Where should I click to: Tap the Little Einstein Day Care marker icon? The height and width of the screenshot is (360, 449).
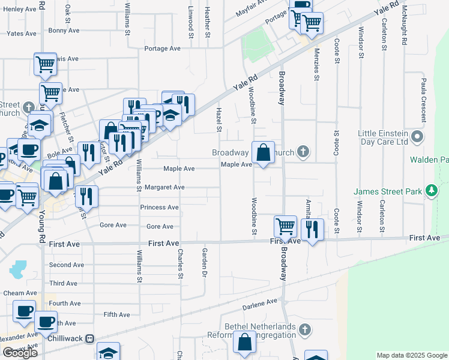pyautogui.click(x=418, y=137)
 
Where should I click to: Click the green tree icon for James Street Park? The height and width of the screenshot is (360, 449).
pyautogui.click(x=430, y=191)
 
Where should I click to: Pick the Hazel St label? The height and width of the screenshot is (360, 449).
pyautogui.click(x=219, y=121)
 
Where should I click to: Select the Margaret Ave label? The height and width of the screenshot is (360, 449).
pyautogui.click(x=164, y=188)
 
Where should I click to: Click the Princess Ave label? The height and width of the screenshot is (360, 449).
pyautogui.click(x=159, y=208)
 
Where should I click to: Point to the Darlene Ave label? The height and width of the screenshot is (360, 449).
pyautogui.click(x=261, y=305)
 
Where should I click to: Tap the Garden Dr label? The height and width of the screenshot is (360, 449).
pyautogui.click(x=205, y=263)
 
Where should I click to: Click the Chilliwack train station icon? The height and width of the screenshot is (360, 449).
pyautogui.click(x=89, y=338)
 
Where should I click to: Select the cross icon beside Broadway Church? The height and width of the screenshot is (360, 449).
pyautogui.click(x=304, y=152)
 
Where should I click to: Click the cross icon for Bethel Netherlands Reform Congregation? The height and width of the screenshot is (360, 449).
pyautogui.click(x=305, y=330)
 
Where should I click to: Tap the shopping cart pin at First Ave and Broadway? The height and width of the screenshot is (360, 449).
pyautogui.click(x=285, y=226)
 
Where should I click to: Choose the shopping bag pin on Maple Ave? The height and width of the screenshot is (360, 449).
pyautogui.click(x=263, y=152)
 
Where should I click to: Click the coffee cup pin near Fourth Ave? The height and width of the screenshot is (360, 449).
pyautogui.click(x=25, y=310)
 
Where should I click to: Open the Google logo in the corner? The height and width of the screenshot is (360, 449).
pyautogui.click(x=20, y=353)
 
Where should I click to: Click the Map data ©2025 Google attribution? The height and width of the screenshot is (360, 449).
pyautogui.click(x=412, y=355)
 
